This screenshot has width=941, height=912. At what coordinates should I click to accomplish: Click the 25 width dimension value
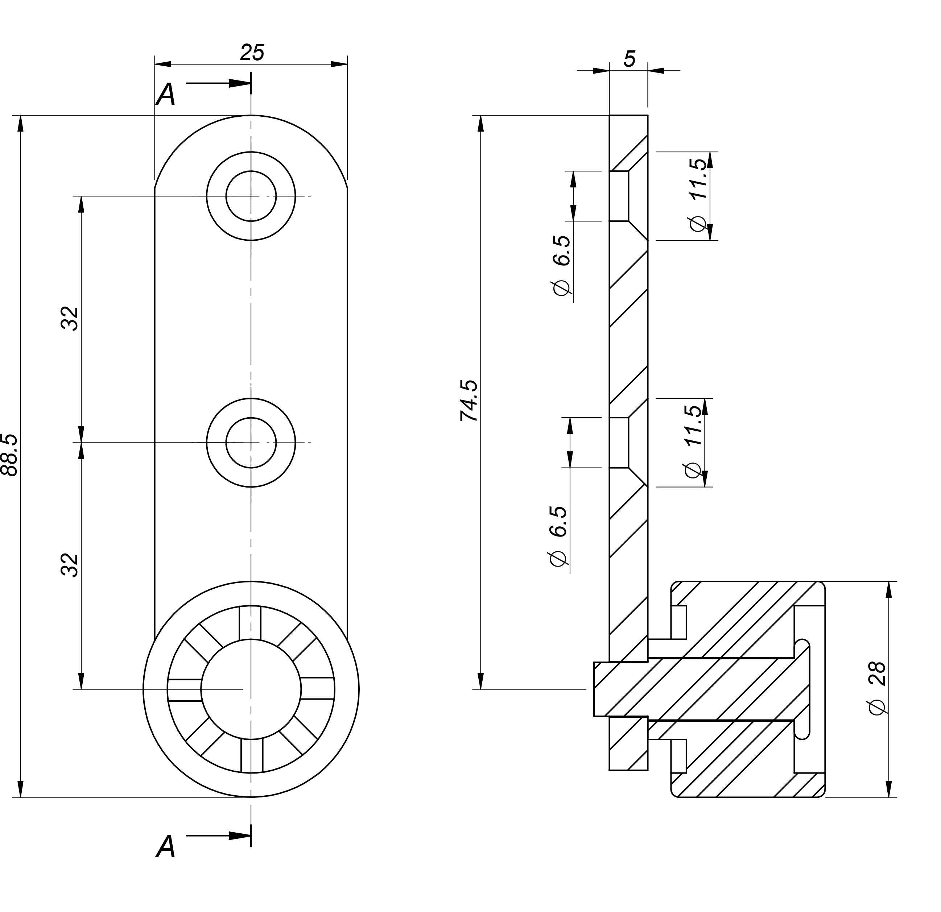click(x=252, y=52)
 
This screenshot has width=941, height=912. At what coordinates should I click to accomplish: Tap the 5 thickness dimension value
click(x=630, y=59)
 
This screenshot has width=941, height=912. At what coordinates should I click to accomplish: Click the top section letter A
click(x=166, y=94)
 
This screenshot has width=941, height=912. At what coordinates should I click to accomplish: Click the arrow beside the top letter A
click(x=218, y=83)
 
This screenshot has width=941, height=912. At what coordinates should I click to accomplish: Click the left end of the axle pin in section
click(x=594, y=689)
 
